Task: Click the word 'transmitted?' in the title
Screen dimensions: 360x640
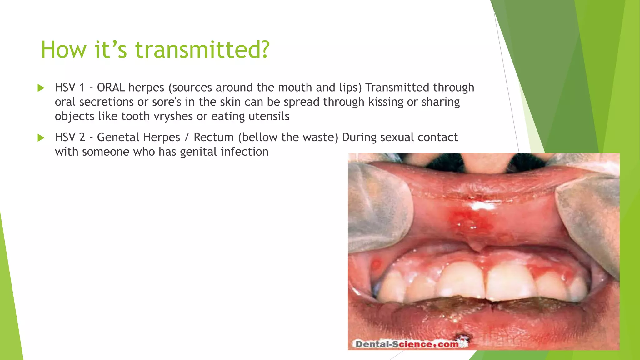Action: (202, 50)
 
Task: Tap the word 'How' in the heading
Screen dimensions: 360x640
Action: (63, 50)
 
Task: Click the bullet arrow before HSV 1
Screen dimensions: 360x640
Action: (41, 88)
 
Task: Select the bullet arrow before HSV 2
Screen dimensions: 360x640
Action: (41, 137)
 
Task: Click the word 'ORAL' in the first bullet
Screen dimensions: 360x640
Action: (111, 87)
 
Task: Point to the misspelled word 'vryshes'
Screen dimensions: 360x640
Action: (173, 117)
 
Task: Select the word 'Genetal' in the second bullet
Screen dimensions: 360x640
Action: (118, 137)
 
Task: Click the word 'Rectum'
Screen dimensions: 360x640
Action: (213, 137)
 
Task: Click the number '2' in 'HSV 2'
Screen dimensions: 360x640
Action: (82, 137)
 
